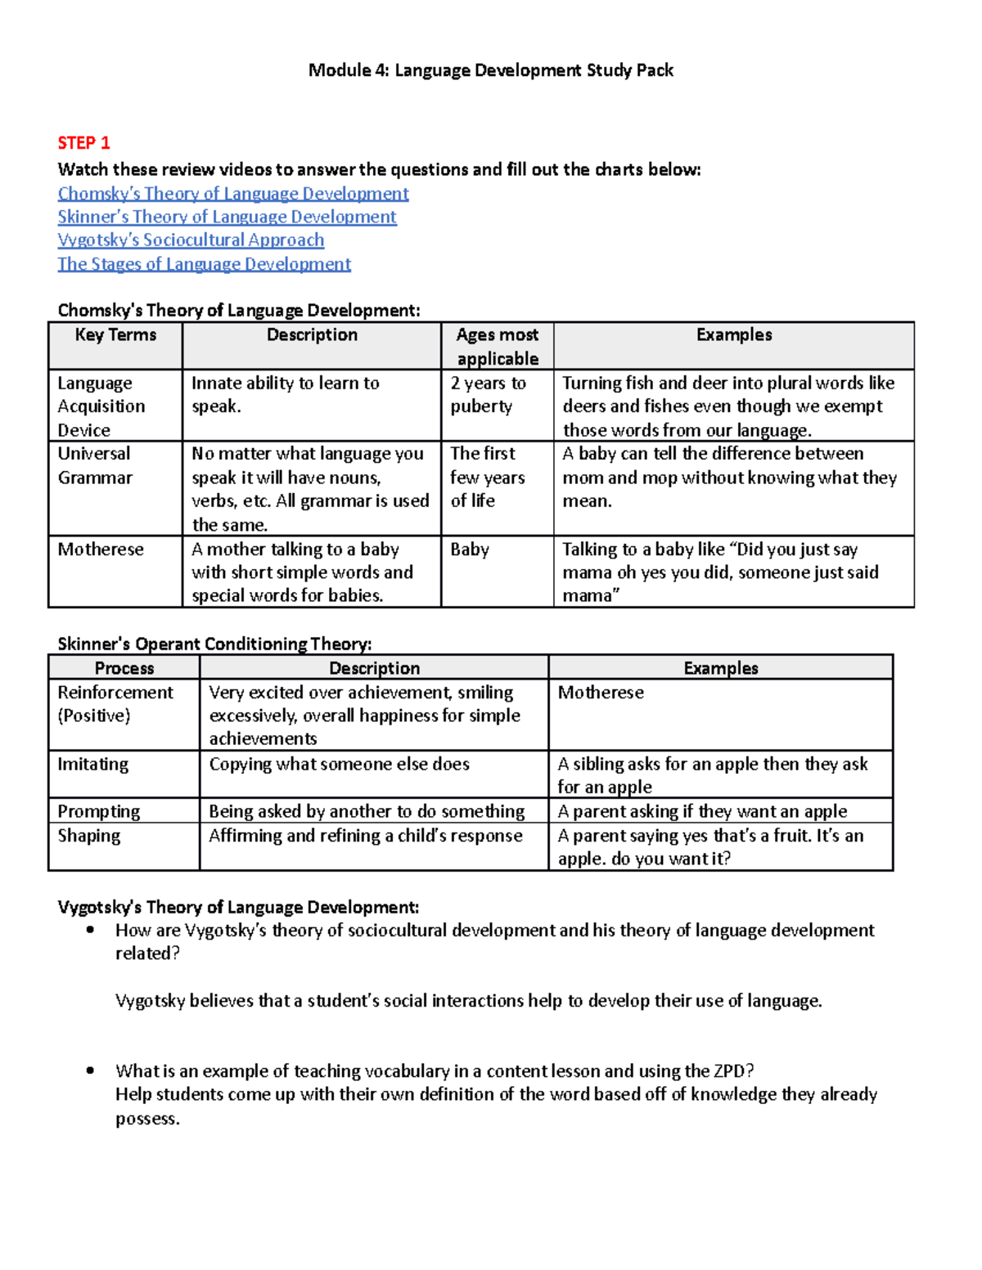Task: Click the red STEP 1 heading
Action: coord(83,143)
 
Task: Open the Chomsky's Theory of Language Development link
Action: coord(233,194)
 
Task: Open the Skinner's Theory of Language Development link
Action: coord(227,217)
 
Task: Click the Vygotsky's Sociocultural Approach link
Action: coord(191,240)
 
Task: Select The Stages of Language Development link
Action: coord(204,264)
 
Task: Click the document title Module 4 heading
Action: coord(490,70)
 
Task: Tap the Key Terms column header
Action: coord(115,335)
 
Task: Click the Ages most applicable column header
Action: coord(497,346)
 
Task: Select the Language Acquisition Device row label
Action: coord(101,406)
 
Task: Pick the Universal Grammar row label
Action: coord(95,465)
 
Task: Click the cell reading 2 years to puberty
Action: coord(488,395)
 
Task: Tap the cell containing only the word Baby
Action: coord(470,550)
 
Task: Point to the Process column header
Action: coord(124,668)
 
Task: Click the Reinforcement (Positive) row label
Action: coord(115,704)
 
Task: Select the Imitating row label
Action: coord(92,765)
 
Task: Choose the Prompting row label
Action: coord(98,811)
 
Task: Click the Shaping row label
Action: coord(88,836)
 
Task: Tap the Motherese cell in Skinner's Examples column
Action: coord(601,693)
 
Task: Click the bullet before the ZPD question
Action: coord(90,1071)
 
